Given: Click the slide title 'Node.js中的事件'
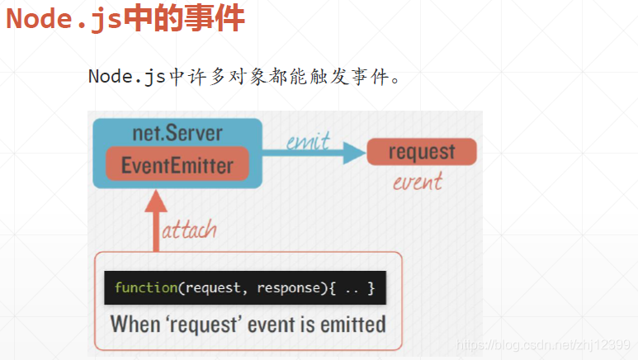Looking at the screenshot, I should click(x=125, y=18).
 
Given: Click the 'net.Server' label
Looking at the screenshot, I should click(x=177, y=132).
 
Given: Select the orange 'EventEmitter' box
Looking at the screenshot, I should click(x=177, y=165).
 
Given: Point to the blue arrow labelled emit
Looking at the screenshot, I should click(x=314, y=153).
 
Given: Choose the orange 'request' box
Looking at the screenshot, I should click(x=421, y=152).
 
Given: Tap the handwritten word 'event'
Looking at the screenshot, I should click(x=417, y=181).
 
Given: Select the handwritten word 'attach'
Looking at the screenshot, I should click(x=189, y=229).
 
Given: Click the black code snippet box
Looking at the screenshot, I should click(x=245, y=288).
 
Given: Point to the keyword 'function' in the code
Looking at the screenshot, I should click(x=146, y=288).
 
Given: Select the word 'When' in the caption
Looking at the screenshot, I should click(x=135, y=323).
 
